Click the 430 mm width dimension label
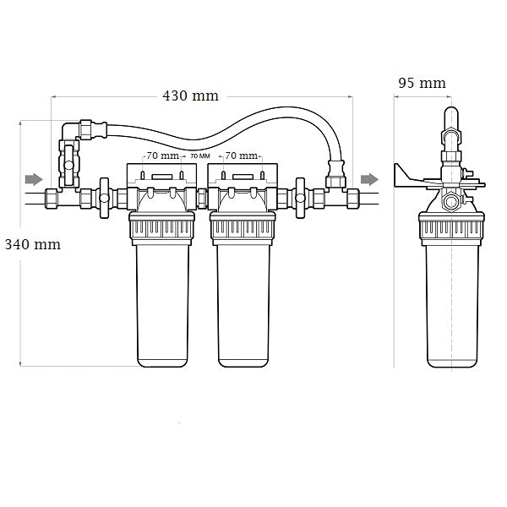pyautogui.click(x=190, y=95)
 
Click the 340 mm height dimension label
pyautogui.click(x=32, y=245)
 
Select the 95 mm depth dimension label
pyautogui.click(x=422, y=83)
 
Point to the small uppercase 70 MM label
pyautogui.click(x=199, y=156)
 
